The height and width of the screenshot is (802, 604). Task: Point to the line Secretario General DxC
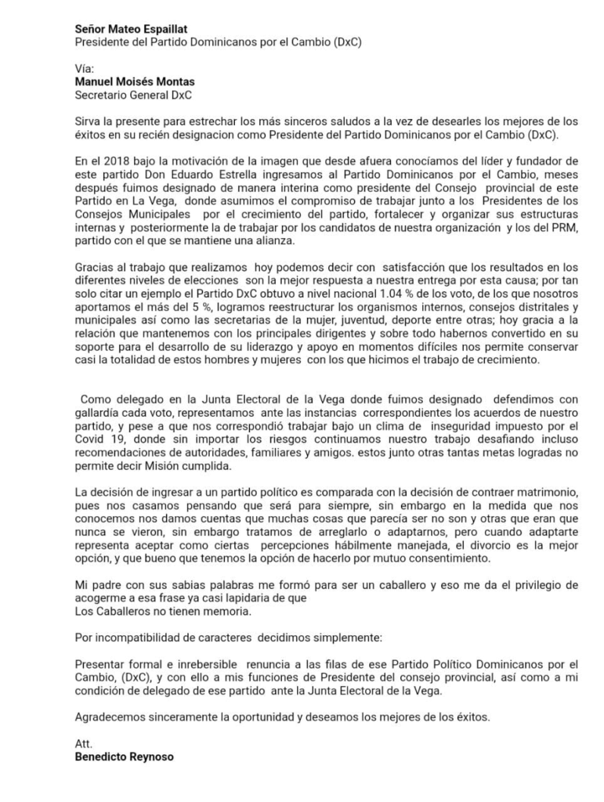[x=133, y=95]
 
